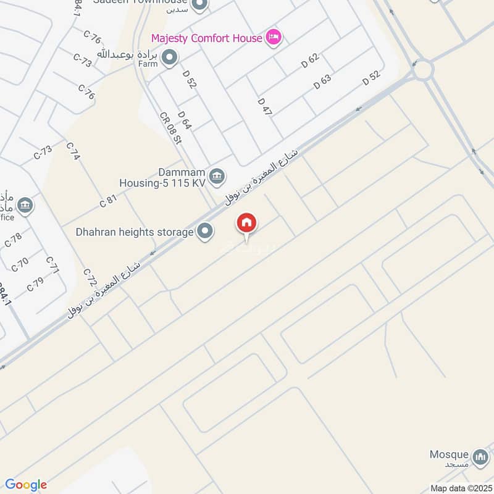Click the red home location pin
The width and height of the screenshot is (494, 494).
247,224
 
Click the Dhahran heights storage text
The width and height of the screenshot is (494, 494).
135,232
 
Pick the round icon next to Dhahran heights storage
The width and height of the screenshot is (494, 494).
206,232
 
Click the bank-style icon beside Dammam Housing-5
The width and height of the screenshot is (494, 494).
216,177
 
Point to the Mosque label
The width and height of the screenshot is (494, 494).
450,455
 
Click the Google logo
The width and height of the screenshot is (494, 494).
26,485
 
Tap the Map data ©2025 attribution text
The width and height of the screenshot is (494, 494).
459,488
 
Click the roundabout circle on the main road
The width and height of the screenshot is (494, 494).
423,70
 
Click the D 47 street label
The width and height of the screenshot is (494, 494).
265,106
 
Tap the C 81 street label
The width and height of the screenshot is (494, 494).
108,201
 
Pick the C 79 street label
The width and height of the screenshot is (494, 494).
35,285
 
